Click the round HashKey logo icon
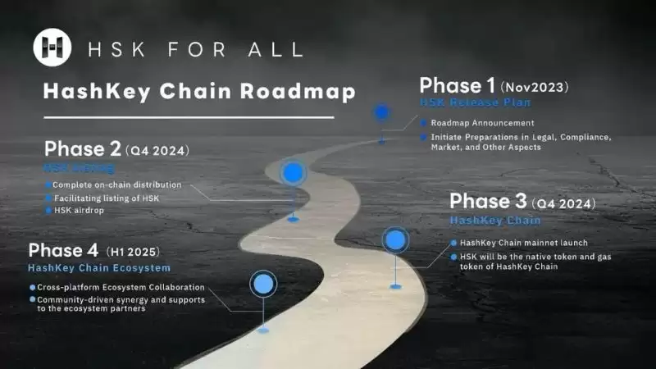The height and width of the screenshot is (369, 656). [52, 47]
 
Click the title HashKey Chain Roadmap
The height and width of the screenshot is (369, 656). [199, 91]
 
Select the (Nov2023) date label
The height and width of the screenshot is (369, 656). [534, 86]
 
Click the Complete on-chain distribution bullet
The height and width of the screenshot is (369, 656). [116, 184]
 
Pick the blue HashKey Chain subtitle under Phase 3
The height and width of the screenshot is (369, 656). [495, 220]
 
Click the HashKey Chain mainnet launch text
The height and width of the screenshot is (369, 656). [523, 243]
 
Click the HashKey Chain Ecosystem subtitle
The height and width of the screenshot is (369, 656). [99, 268]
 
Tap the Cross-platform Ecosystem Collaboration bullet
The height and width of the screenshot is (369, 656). [120, 288]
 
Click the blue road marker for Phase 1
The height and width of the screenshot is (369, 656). [381, 112]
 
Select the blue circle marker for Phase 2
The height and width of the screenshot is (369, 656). [293, 173]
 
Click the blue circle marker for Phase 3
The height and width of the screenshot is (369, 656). [395, 239]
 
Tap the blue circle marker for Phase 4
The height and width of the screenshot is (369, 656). [262, 284]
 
